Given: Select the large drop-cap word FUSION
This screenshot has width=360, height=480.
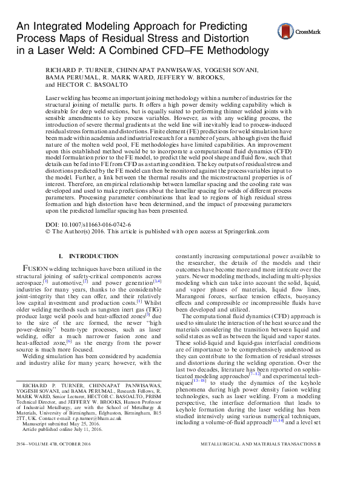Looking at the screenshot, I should [x=39, y=268].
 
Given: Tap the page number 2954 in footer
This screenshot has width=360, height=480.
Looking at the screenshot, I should [x=25, y=461].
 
